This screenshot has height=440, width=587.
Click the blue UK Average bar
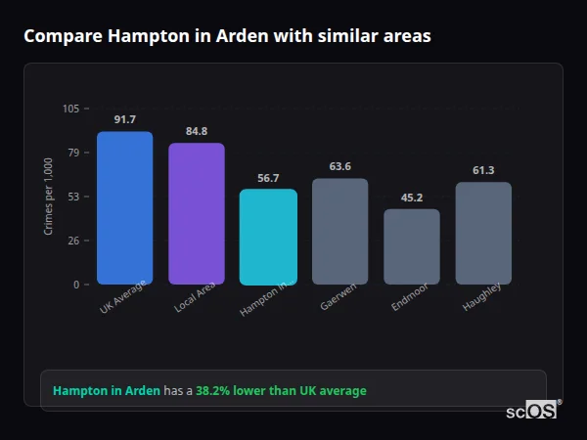coord(124,208)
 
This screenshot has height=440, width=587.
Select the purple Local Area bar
coord(197,214)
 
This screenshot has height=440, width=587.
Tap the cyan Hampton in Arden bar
coord(268,237)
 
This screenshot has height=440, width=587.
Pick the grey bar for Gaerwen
coord(339,232)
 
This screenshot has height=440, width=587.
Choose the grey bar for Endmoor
coord(412,246)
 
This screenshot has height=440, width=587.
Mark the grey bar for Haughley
coord(483,234)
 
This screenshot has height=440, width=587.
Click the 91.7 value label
coord(124,119)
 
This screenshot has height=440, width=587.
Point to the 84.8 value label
coord(197,131)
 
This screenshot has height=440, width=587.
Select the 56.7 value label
coord(268,178)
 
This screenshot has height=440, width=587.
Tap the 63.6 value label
coord(339,166)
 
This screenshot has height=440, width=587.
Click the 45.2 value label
coord(412,198)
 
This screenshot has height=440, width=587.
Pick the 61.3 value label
coord(483,170)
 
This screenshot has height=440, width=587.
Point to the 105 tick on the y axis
coord(70,109)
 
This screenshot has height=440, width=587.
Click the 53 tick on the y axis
coord(73,197)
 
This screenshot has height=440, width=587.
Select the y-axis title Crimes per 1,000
coord(49,196)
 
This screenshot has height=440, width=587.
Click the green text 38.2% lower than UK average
coord(281,391)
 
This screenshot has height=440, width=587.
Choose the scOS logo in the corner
coord(532,411)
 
